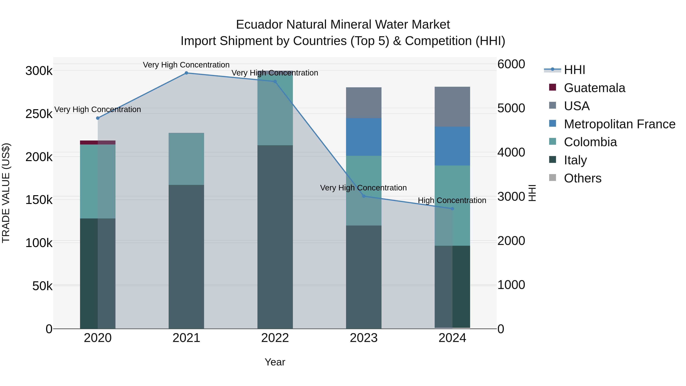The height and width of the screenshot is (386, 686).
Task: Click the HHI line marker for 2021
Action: [186, 73]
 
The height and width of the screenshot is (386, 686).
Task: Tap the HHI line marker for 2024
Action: [452, 209]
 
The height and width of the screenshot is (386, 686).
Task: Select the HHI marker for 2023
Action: [364, 196]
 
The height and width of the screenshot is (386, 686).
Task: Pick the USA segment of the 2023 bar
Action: [364, 103]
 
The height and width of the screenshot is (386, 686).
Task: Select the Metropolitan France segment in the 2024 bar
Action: [452, 146]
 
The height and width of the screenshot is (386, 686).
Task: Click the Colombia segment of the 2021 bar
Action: [186, 159]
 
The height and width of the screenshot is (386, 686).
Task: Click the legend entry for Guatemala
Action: [594, 88]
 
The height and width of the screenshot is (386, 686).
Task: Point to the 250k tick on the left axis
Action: [39, 114]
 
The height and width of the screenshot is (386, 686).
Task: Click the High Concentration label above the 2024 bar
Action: [452, 200]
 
